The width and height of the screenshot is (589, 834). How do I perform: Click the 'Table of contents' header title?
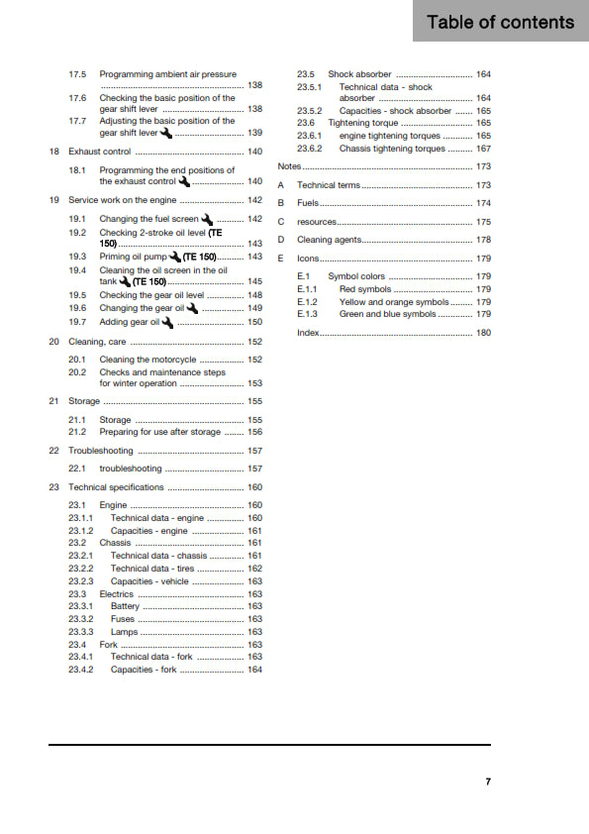click(500, 22)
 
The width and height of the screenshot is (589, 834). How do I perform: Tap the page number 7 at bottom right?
click(488, 782)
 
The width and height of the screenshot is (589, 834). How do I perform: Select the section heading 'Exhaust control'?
click(99, 152)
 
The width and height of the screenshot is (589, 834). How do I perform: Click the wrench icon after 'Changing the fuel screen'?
click(207, 218)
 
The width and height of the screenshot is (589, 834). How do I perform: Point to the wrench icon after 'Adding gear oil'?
click(167, 322)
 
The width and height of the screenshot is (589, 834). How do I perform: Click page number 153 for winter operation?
click(254, 383)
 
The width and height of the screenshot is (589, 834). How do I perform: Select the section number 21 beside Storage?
click(53, 401)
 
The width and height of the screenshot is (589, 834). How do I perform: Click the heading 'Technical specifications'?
click(116, 487)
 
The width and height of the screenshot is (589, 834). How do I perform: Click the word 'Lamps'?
click(124, 632)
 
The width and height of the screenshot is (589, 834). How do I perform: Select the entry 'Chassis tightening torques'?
click(392, 149)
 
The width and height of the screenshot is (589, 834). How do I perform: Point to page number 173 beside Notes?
click(483, 167)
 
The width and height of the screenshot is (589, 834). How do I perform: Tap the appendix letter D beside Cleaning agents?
click(281, 240)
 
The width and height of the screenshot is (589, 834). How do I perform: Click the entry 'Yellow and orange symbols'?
click(393, 302)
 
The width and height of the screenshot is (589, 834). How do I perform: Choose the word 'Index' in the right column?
click(308, 333)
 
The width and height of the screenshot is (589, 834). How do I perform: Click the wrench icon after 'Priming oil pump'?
click(175, 257)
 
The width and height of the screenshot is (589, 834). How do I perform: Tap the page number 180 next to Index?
click(483, 333)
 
